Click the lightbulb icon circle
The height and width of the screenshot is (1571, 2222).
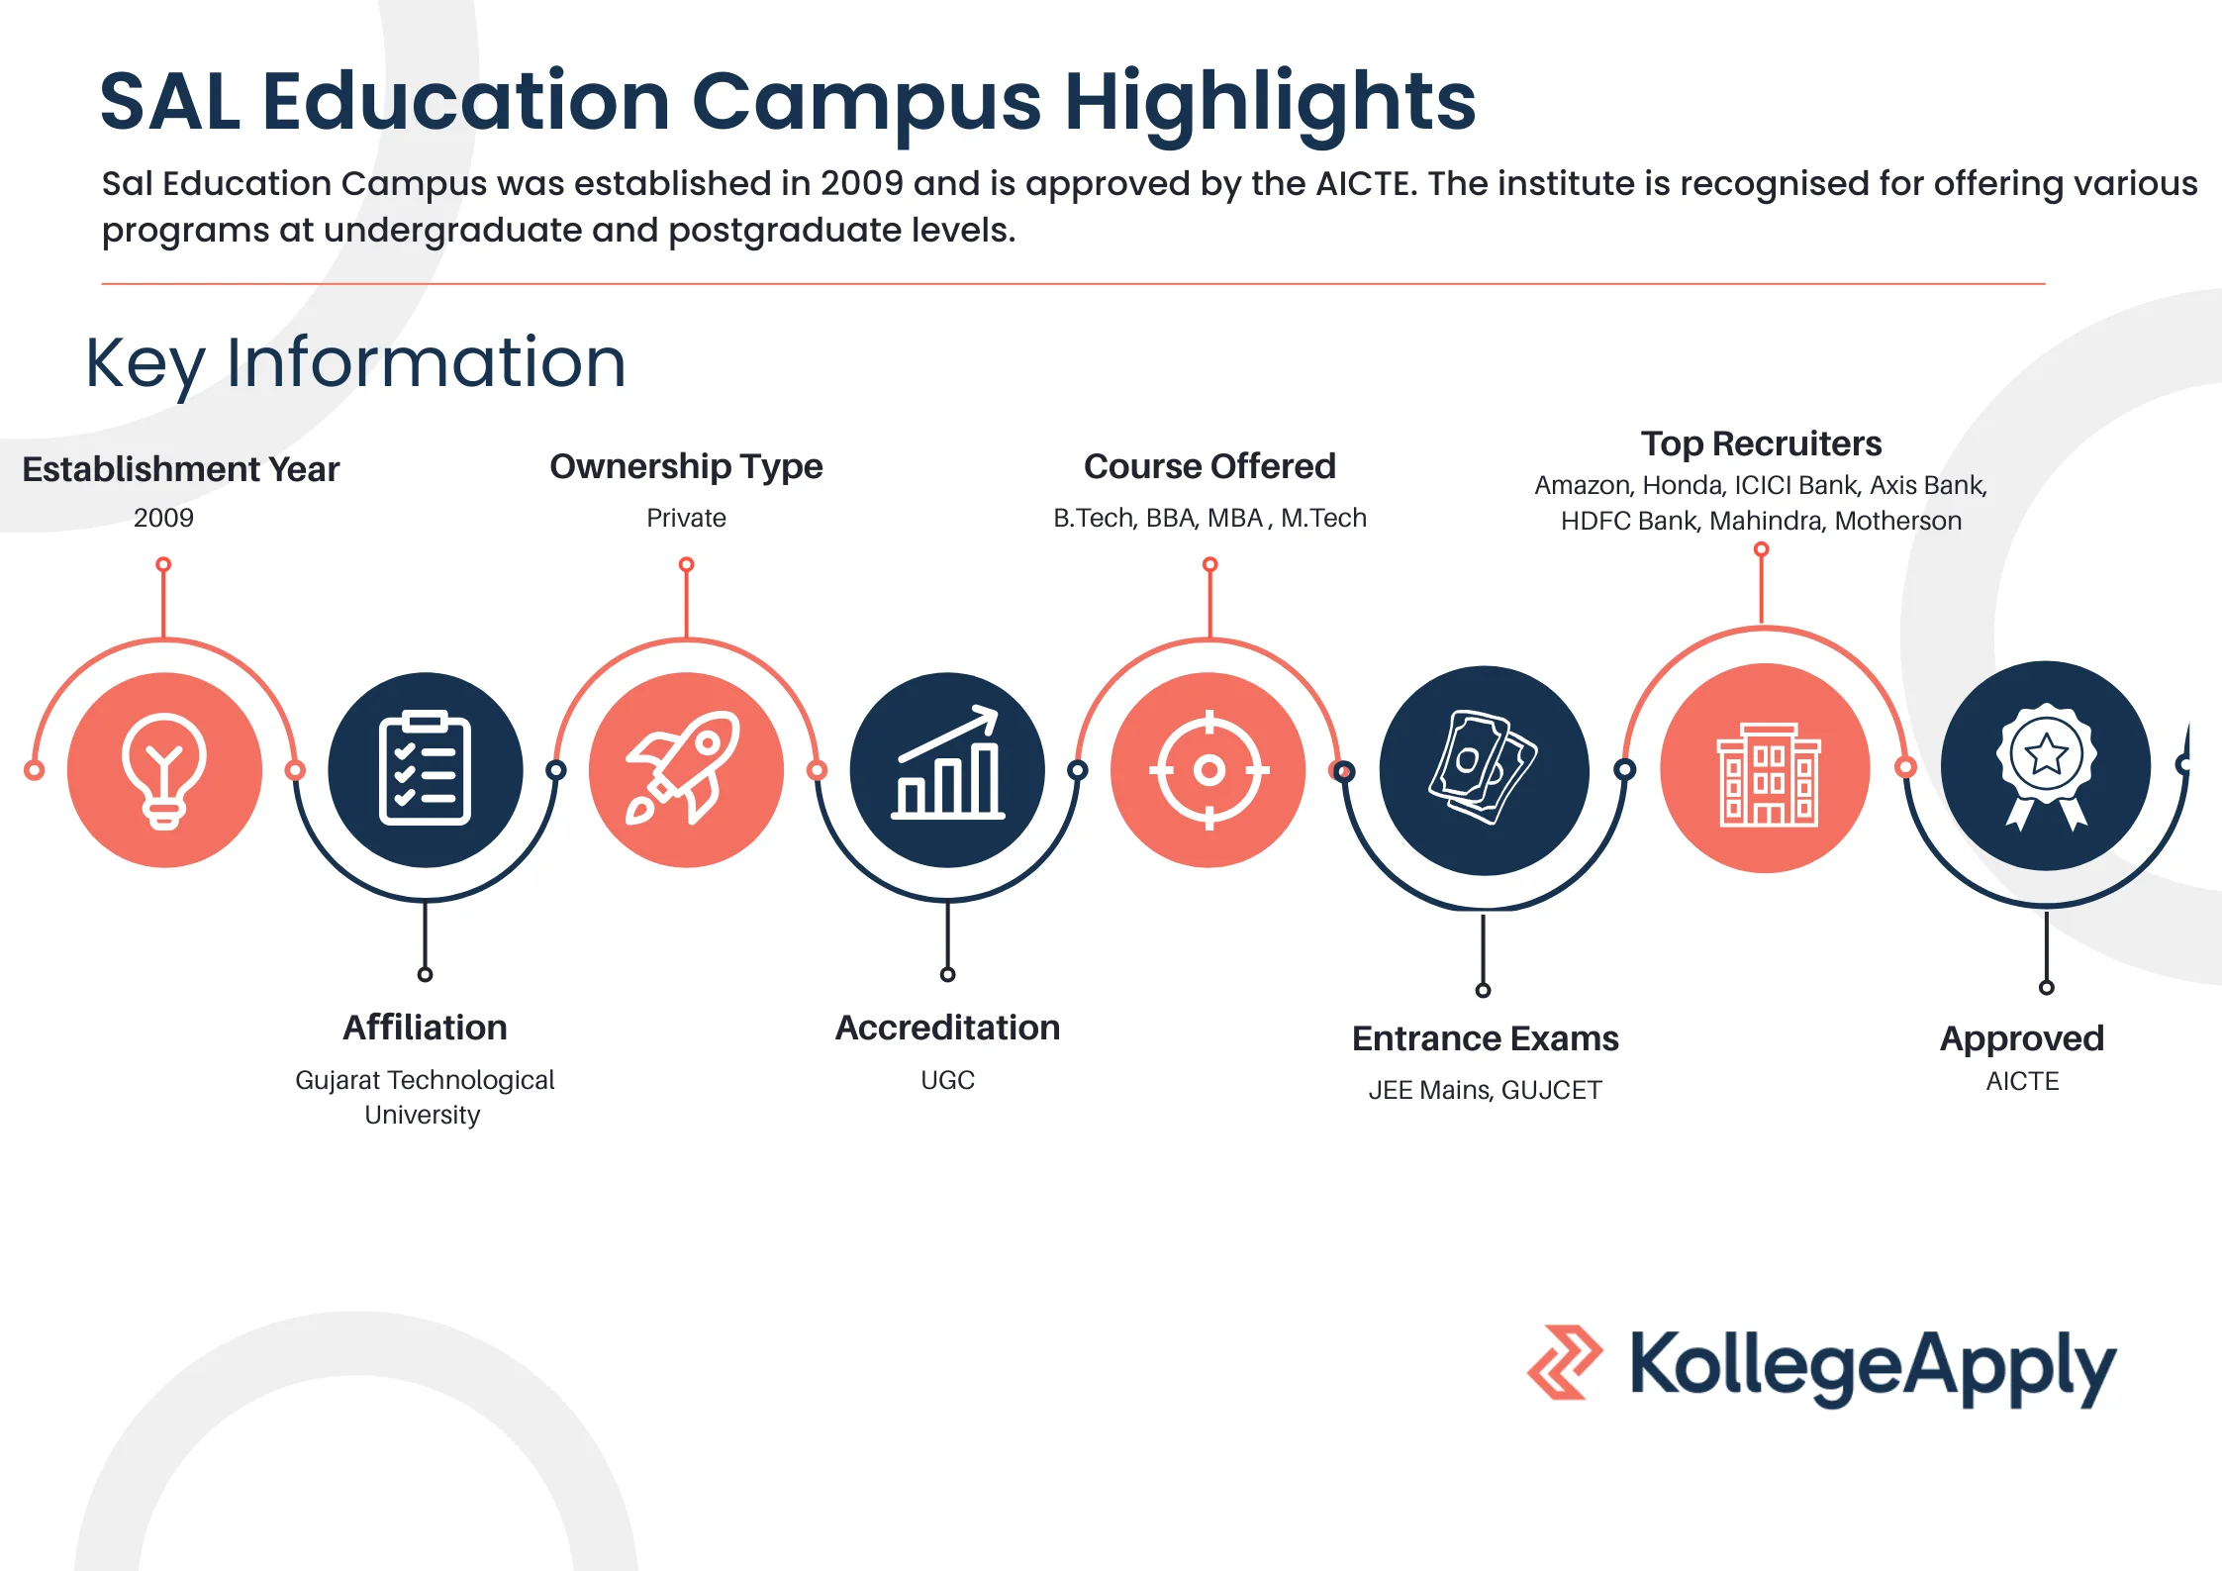[x=164, y=769]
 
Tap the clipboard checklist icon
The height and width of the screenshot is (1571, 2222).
[x=425, y=769]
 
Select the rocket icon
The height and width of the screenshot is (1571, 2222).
[x=685, y=769]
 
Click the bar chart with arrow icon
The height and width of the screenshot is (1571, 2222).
[x=947, y=769]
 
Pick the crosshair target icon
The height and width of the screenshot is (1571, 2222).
[x=1208, y=769]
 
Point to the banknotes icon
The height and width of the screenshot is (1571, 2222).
[x=1483, y=769]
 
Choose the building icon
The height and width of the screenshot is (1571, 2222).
[x=1765, y=769]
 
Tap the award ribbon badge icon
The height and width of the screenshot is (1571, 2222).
[x=2045, y=765]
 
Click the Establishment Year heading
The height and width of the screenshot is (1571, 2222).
[x=181, y=469]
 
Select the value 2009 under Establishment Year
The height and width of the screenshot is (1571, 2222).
[x=163, y=518]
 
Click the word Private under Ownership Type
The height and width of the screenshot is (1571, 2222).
[x=686, y=518]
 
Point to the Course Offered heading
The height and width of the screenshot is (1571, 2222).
[x=1209, y=466]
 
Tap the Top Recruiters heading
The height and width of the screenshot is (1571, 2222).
[x=1761, y=443]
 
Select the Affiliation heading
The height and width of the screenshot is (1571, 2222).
[x=425, y=1028]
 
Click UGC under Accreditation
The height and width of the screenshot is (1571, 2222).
[x=947, y=1080]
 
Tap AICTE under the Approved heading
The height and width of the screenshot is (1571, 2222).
[x=2022, y=1081]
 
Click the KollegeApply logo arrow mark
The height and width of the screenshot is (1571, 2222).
[x=1564, y=1363]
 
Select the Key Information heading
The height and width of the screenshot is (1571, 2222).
[x=355, y=362]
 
